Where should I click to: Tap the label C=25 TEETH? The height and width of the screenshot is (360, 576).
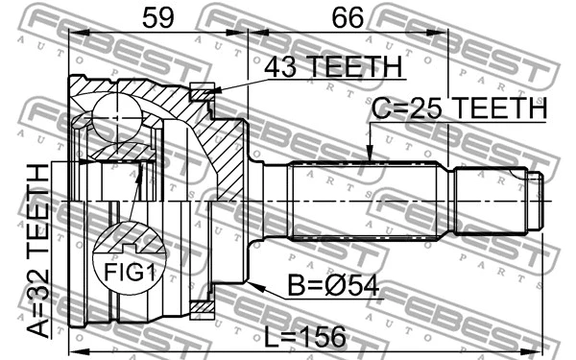459,108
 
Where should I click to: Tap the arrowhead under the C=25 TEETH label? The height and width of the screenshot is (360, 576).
369,155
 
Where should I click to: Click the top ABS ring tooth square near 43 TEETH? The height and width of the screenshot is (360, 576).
201,92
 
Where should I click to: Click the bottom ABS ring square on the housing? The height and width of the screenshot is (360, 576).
201,308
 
